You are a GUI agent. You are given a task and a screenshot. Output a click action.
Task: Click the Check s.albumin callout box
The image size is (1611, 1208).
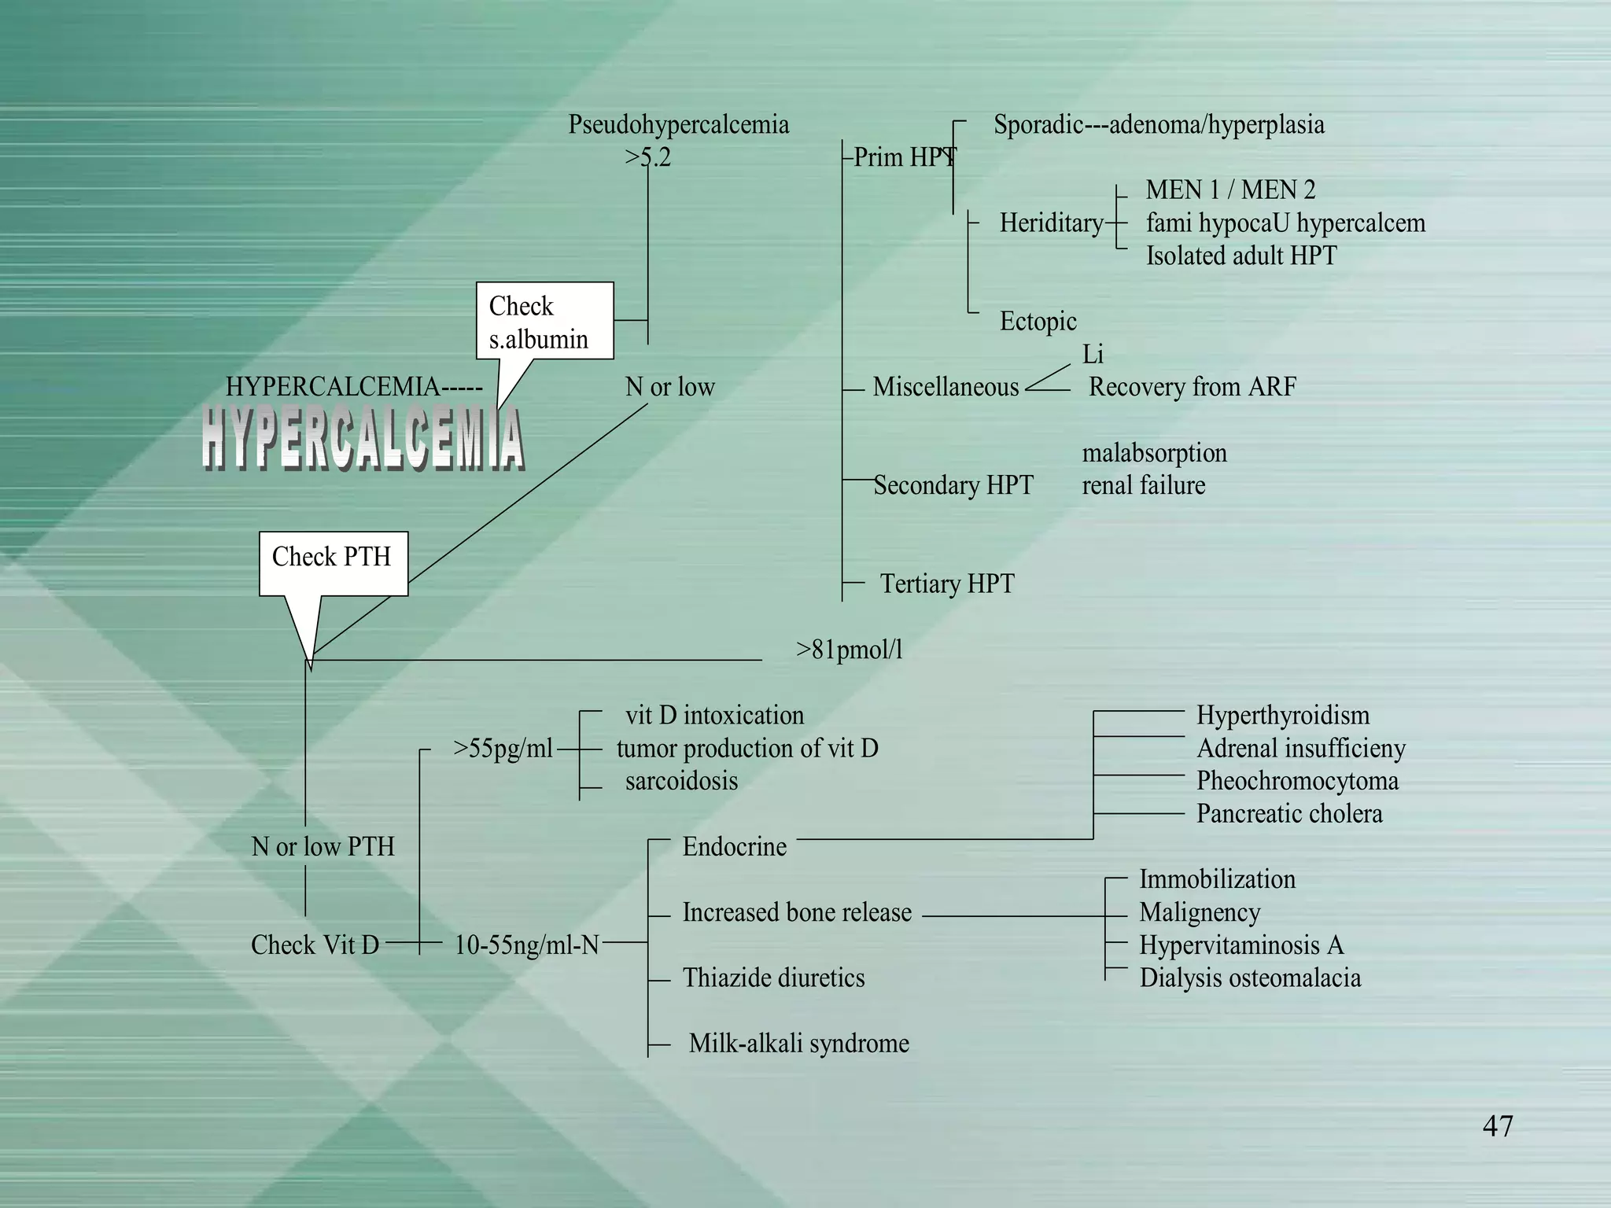point(544,322)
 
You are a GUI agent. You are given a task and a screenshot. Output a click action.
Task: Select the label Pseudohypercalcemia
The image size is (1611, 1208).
point(678,125)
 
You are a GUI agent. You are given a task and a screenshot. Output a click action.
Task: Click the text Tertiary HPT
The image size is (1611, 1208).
point(946,584)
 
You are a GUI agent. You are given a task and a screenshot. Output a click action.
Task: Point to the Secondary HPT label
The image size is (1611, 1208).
point(953,485)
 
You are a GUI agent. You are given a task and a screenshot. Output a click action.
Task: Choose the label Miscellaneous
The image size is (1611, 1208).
point(946,387)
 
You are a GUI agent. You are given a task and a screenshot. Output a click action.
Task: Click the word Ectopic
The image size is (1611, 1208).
point(1038,322)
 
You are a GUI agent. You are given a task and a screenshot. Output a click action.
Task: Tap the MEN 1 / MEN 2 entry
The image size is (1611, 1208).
point(1230,190)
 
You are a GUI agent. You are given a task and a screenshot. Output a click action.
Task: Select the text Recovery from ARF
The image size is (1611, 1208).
point(1192,387)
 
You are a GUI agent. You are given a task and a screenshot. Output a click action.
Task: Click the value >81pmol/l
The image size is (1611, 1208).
point(849,650)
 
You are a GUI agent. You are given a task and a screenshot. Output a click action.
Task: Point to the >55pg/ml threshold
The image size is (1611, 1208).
point(503,748)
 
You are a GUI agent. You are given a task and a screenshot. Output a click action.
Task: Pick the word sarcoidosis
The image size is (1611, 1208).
point(681,781)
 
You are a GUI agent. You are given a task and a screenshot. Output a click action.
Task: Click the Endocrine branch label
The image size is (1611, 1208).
point(734,847)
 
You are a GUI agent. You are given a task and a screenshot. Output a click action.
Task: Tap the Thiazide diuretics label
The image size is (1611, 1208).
point(773,978)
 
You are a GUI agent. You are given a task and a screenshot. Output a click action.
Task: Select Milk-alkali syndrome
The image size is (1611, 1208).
point(798,1044)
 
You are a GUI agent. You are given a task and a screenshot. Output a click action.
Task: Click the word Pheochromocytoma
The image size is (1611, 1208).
point(1297,781)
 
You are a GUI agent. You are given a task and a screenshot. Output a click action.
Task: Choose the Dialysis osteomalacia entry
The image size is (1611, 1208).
point(1250,978)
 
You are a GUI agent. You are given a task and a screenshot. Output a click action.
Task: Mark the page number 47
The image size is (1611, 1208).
point(1497,1126)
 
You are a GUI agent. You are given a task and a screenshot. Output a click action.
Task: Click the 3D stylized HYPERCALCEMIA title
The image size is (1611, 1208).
point(362,440)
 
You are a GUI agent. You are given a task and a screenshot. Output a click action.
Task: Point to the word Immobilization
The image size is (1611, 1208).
point(1217,879)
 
